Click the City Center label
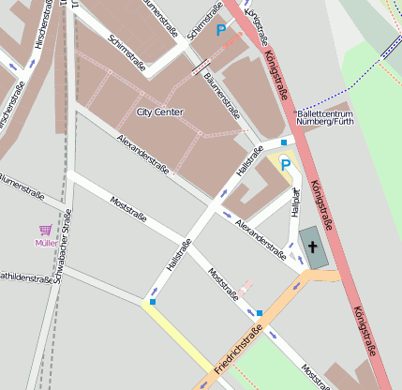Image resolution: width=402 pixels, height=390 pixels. (x=159, y=112)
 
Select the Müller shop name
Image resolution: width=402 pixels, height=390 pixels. (x=45, y=243)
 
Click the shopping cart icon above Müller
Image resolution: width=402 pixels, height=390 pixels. (x=45, y=230)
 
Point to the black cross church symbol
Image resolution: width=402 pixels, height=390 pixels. (x=313, y=247)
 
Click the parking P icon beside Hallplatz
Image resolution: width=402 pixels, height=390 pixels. (x=286, y=164)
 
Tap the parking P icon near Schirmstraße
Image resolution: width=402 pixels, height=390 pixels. (x=222, y=31)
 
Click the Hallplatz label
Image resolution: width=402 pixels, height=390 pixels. (x=294, y=202)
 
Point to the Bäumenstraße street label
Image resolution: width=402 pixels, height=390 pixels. (x=223, y=102)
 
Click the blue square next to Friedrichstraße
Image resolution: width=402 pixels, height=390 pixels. (x=259, y=313)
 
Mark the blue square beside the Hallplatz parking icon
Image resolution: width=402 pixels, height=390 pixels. (x=284, y=142)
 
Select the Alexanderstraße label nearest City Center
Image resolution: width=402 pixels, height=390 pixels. (x=142, y=153)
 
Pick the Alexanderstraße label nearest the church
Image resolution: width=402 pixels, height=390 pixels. (x=261, y=240)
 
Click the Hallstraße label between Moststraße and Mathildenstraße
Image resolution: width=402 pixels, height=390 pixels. (x=178, y=255)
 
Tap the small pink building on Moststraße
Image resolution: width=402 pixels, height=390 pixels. (x=246, y=287)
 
